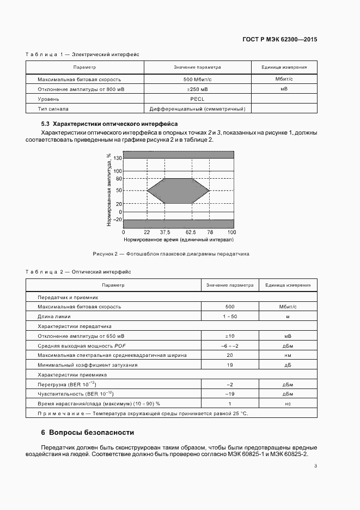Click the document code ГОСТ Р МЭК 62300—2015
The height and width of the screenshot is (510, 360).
coord(280,40)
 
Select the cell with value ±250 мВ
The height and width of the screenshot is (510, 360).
coord(197,89)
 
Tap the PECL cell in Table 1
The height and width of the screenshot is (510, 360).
coord(197,99)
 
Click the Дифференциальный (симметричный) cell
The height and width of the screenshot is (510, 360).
coord(197,109)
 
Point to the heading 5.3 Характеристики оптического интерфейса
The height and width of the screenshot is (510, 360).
coord(114,124)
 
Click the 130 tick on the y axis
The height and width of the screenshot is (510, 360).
coord(118,157)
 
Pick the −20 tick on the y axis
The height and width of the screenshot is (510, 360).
coord(117,220)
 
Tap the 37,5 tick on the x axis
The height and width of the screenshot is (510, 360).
coord(165,232)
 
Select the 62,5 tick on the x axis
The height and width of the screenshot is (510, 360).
coord(192,232)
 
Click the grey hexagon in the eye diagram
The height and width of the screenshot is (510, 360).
coord(179,191)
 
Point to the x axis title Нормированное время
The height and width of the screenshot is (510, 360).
coord(179,239)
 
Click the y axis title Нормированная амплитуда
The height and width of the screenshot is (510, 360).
coord(109,190)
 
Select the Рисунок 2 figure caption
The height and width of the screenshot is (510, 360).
coord(171,254)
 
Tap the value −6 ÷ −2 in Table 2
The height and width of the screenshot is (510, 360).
coord(230,346)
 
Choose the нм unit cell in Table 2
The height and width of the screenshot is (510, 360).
coord(288,355)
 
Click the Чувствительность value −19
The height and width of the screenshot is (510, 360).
coord(230,394)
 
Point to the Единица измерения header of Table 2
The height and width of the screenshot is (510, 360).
coord(288,285)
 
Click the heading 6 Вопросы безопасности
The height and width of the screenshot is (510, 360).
coord(88,433)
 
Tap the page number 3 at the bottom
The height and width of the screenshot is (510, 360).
coord(316,465)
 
